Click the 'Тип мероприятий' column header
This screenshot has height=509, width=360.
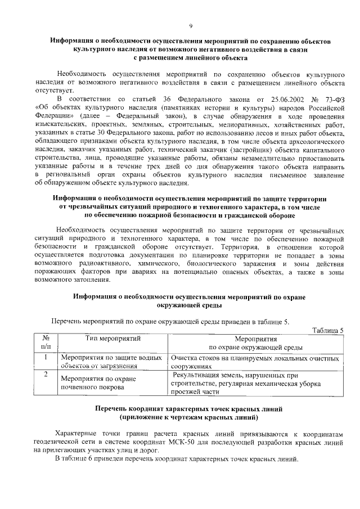(112, 339)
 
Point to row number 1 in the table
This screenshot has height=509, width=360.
(45, 357)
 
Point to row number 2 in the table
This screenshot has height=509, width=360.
(45, 373)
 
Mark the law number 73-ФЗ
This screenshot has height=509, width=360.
(332, 100)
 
